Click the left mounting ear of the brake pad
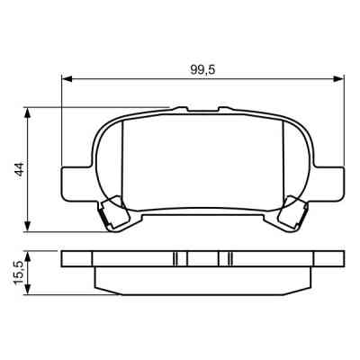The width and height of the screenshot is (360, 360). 72,182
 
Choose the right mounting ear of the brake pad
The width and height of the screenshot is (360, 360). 334,182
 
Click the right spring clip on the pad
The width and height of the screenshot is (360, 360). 293,214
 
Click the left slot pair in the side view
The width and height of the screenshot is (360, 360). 179,259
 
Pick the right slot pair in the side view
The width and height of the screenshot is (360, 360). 227,259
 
